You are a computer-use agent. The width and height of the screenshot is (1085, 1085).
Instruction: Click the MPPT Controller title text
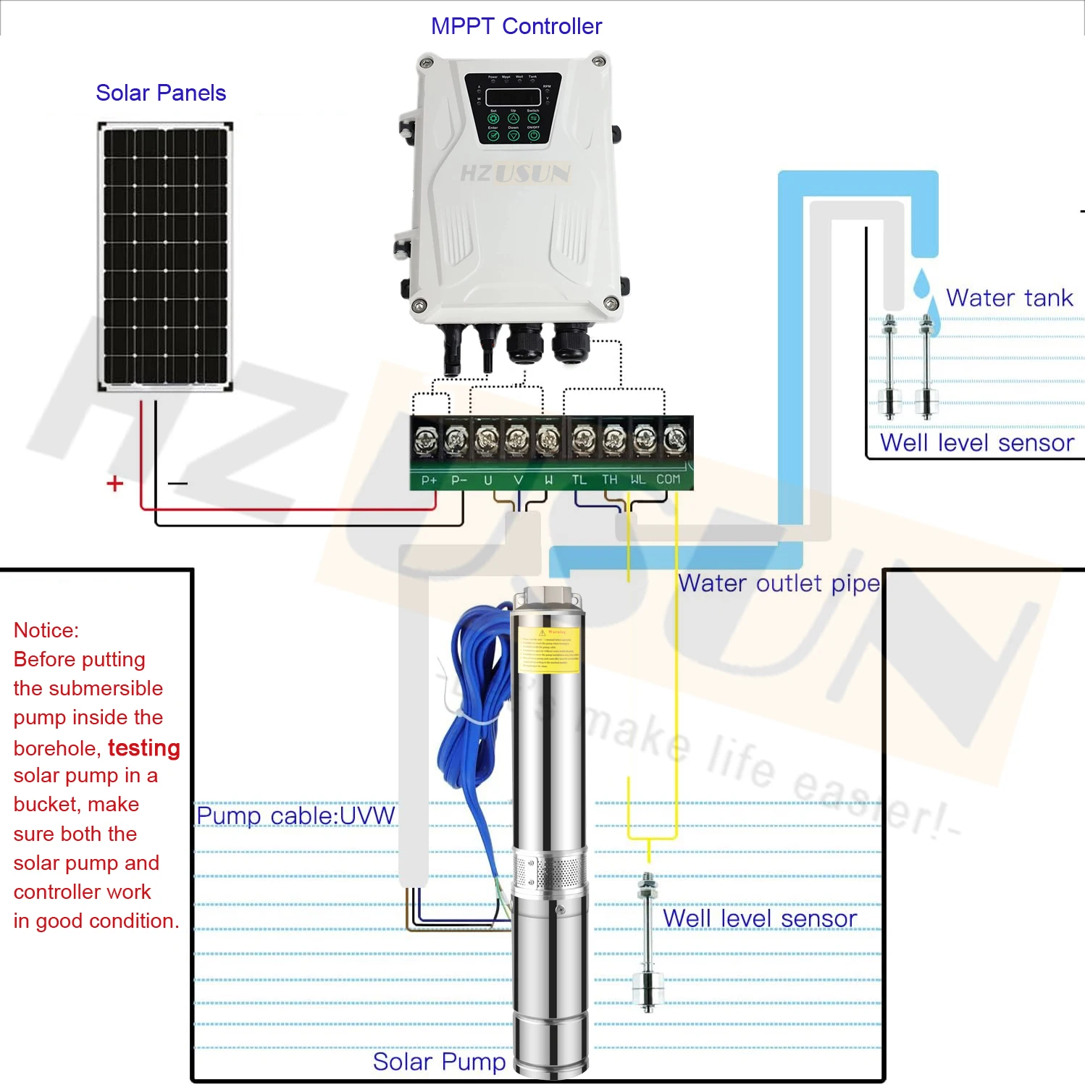[x=516, y=27]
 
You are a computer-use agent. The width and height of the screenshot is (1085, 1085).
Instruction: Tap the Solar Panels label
[x=161, y=93]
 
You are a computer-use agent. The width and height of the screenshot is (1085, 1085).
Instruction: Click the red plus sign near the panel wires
[x=114, y=484]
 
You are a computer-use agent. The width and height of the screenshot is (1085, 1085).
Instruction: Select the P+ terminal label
[x=429, y=480]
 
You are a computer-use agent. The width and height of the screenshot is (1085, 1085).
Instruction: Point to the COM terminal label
[x=668, y=479]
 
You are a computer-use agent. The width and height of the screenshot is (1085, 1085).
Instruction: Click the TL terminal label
[x=579, y=479]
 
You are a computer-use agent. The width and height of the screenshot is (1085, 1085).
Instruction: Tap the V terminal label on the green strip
[x=518, y=479]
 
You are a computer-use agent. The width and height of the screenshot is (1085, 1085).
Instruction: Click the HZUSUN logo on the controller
[x=515, y=173]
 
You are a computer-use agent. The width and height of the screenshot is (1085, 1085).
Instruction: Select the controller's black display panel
[x=513, y=109]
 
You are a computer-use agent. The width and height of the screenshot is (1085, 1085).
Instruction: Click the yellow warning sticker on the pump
[x=549, y=650]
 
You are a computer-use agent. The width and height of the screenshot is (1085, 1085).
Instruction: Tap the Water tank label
[x=1009, y=298]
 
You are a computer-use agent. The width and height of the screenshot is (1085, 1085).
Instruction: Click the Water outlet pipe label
[x=779, y=584]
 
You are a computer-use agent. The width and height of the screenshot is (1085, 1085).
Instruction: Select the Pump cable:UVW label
[x=296, y=816]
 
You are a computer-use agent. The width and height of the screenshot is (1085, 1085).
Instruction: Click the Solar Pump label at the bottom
[x=439, y=1062]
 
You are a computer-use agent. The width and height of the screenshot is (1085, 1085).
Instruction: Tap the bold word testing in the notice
[x=143, y=747]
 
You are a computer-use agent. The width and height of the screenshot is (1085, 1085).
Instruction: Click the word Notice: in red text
[x=46, y=630]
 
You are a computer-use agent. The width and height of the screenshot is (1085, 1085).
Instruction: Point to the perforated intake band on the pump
[x=548, y=873]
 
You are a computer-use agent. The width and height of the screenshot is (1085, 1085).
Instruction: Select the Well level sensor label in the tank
[x=976, y=443]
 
